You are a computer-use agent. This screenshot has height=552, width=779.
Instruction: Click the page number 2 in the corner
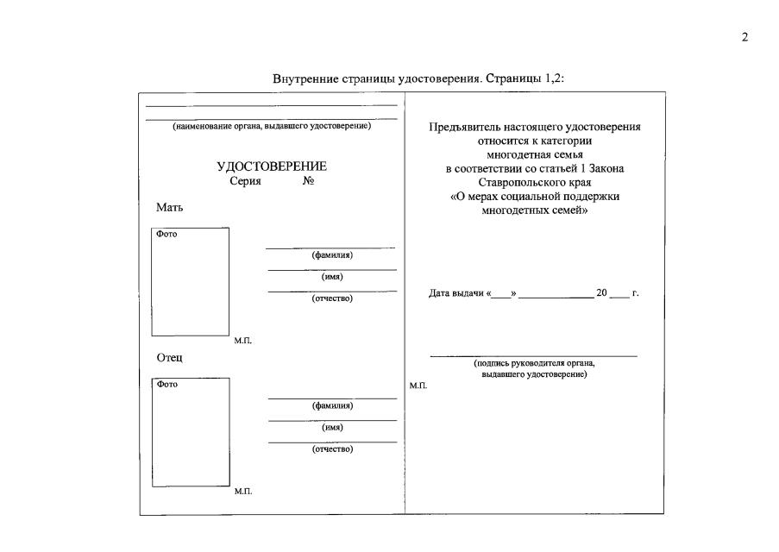[x=744, y=37]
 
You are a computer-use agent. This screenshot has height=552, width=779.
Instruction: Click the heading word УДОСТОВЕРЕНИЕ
[x=272, y=166]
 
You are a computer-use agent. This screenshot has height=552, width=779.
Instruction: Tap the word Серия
[x=245, y=182]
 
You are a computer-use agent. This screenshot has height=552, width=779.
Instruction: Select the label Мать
[x=169, y=208]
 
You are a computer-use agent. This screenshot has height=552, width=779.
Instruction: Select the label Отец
[x=169, y=358]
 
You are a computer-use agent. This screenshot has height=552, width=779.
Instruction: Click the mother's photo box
[x=191, y=282]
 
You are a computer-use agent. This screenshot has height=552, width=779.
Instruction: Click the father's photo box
[x=191, y=432]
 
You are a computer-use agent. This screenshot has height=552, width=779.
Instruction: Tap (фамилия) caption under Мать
[x=332, y=255]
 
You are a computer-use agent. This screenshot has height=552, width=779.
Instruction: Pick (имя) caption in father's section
[x=332, y=427]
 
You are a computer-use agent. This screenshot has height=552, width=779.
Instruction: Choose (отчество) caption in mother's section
[x=332, y=298]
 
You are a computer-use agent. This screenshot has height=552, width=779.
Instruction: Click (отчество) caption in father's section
[x=332, y=448]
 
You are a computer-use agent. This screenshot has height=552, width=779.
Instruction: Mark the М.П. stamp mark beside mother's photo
[x=243, y=341]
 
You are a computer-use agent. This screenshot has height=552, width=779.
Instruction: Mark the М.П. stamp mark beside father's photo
[x=243, y=491]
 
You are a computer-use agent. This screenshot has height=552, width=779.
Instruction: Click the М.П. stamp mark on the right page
[x=418, y=385]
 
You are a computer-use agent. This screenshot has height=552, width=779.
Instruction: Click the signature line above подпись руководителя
[x=533, y=355]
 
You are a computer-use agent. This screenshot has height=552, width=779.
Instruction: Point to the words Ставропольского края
[x=535, y=183]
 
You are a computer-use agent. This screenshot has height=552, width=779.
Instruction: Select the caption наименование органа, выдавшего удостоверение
[x=272, y=126]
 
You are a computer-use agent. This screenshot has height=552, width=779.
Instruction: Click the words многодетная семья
[x=535, y=154]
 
